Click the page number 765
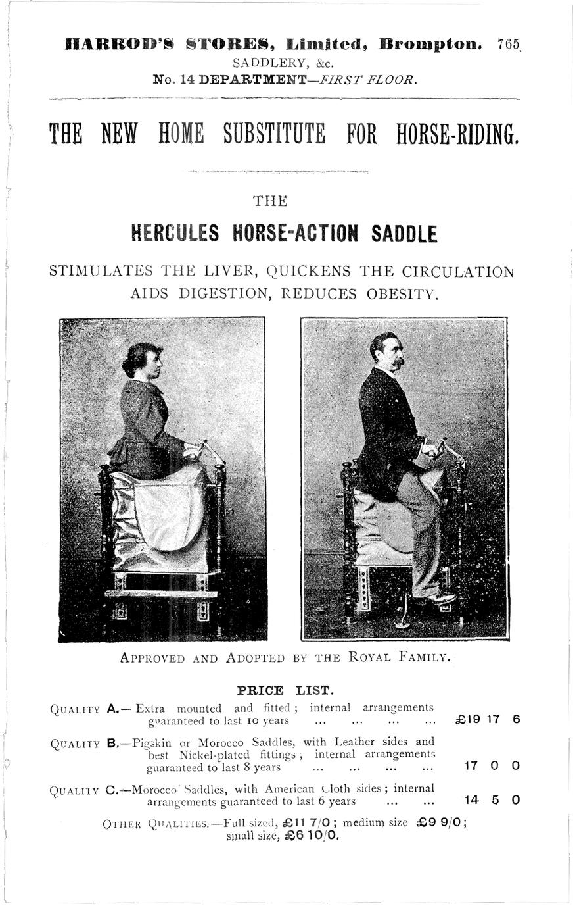coord(509,45)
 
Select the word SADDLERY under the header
coord(262,63)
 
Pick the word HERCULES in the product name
coord(175,233)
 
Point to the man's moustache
coord(396,362)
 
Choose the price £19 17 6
coord(487,719)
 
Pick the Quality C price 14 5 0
coord(491,800)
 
